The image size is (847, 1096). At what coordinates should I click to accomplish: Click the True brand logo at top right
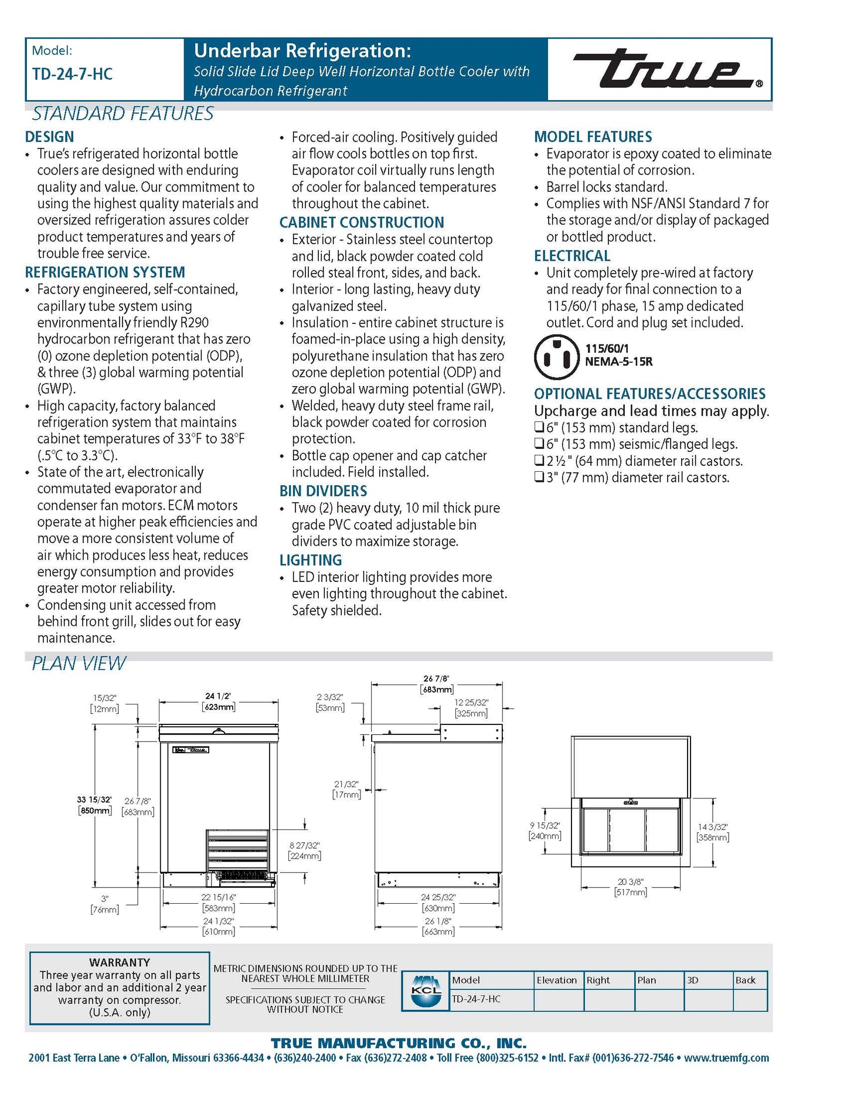click(x=667, y=69)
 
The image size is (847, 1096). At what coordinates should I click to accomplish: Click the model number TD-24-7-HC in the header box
click(x=72, y=74)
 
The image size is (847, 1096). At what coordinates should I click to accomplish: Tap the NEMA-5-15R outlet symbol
click(x=556, y=356)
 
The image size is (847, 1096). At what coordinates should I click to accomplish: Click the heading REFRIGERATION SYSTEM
click(x=105, y=273)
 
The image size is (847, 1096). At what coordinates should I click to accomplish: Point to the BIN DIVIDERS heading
click(x=323, y=491)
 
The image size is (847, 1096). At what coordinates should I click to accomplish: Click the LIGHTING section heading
click(x=311, y=560)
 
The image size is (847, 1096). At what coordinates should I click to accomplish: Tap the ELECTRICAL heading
click(x=572, y=256)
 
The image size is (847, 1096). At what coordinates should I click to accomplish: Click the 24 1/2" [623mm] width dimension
click(x=219, y=702)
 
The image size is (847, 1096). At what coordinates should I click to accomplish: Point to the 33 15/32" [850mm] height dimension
click(x=94, y=805)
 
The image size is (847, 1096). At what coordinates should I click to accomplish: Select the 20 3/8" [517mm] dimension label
click(x=631, y=887)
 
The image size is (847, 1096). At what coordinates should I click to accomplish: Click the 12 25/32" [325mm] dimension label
click(x=471, y=707)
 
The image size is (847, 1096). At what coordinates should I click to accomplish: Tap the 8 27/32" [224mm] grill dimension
click(x=305, y=850)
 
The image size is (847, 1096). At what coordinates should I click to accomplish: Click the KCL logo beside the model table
click(x=426, y=991)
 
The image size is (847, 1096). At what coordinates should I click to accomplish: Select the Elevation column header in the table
click(x=557, y=980)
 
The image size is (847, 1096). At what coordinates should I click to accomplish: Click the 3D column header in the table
click(x=693, y=980)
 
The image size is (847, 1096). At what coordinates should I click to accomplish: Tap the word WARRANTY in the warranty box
click(x=120, y=962)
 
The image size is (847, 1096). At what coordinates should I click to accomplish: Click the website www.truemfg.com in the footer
click(x=726, y=1058)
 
